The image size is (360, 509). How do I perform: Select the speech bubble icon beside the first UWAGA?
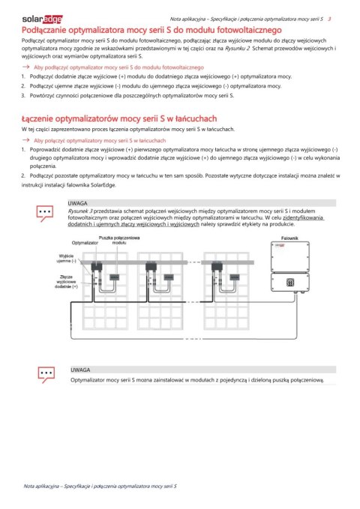pyautogui.click(x=46, y=212)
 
